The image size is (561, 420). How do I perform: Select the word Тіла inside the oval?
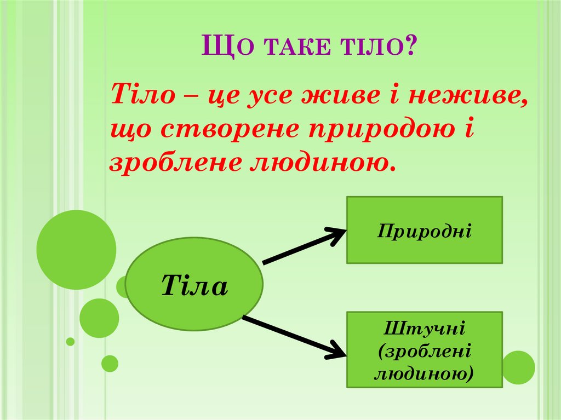(194, 286)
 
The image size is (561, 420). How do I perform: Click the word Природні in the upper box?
(425, 229)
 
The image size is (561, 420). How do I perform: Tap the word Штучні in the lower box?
(425, 330)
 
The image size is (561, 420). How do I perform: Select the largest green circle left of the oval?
(76, 250)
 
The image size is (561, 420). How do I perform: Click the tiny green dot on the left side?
(70, 342)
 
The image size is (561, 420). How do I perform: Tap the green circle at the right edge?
(518, 367)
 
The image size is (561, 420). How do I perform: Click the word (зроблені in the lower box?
(425, 352)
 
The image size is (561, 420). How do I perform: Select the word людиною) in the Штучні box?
(425, 373)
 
